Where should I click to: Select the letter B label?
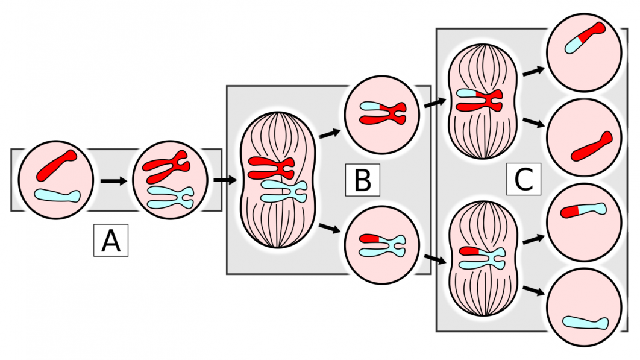tap(362, 180)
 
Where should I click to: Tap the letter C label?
tap(524, 179)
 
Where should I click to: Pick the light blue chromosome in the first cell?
tap(57, 195)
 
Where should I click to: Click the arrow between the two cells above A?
tap(114, 180)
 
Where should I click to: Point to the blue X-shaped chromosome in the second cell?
tap(172, 195)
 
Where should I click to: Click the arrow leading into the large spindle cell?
tap(223, 179)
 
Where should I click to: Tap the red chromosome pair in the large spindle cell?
tap(271, 168)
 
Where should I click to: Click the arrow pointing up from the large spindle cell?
tap(328, 132)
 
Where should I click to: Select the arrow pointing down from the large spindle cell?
tap(329, 229)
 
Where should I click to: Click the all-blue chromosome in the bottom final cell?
tap(585, 323)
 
